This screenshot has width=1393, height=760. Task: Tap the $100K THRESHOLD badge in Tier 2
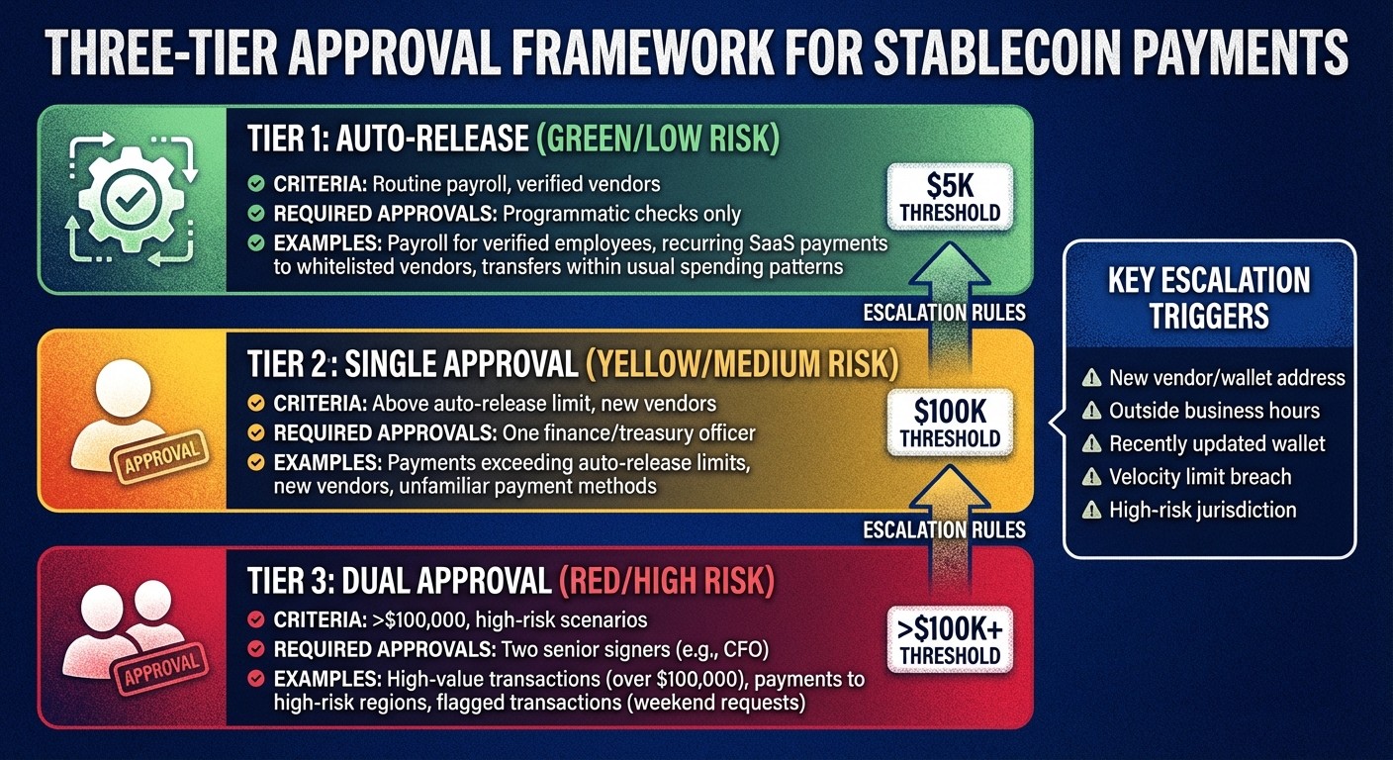tap(949, 423)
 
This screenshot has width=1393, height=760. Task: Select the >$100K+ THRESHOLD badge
tap(949, 639)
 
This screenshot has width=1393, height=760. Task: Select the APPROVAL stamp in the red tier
tap(162, 670)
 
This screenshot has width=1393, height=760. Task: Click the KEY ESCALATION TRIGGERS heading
tap(1209, 297)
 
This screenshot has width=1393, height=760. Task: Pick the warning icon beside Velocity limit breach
tap(1091, 478)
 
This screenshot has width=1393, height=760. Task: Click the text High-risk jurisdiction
tap(1202, 511)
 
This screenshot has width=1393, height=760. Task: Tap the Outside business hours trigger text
tap(1214, 411)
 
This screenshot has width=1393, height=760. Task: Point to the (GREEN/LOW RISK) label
tap(657, 139)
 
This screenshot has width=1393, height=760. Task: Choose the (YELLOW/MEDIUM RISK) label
tap(742, 363)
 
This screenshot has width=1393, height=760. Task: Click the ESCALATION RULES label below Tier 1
tap(944, 313)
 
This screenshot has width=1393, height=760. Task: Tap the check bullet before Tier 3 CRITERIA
tap(255, 621)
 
